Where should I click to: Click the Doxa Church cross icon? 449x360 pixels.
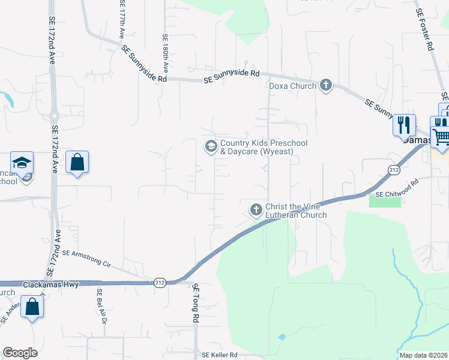click(x=326, y=85)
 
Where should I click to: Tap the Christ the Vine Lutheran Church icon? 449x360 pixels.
click(x=256, y=210)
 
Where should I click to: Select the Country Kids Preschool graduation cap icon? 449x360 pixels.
click(x=211, y=146)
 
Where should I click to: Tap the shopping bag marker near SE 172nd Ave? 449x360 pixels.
click(x=77, y=162)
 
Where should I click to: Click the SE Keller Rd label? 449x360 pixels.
click(x=220, y=355)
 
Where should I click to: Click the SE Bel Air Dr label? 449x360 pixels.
click(x=101, y=307)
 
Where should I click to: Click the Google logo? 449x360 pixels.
click(x=20, y=353)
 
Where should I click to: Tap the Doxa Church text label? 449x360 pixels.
click(x=292, y=86)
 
